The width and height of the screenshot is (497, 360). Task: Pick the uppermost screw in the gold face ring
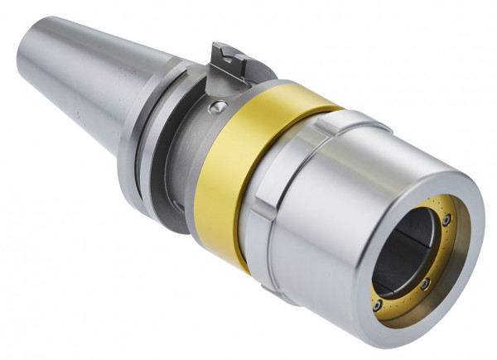[x=446, y=220]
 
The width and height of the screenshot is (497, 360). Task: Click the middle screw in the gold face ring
[x=424, y=284]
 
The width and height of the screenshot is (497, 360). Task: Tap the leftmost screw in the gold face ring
[x=378, y=304]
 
